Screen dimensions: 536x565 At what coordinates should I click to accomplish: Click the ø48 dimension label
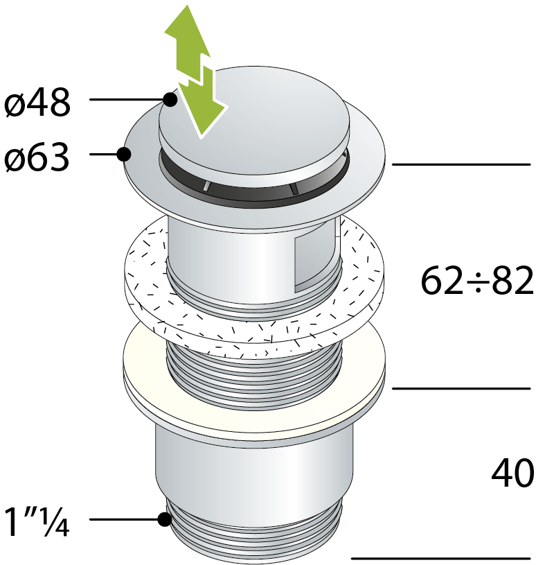37,103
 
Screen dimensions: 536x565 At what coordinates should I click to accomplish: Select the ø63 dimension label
37,157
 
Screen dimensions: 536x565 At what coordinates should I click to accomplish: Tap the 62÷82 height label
477,280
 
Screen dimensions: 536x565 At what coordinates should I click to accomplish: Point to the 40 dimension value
512,473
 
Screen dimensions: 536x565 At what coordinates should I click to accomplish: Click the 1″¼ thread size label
37,521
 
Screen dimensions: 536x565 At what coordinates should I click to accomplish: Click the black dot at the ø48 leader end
170,99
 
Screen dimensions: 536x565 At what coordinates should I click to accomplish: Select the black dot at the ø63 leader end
124,154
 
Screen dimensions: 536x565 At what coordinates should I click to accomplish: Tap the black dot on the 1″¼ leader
165,519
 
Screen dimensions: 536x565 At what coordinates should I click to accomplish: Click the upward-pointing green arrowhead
188,33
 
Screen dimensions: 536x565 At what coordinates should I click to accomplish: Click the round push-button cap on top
254,126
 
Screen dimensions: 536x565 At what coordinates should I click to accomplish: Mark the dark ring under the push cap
254,195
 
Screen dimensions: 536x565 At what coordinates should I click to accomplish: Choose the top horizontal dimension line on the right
461,164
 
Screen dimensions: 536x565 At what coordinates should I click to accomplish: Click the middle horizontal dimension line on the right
461,388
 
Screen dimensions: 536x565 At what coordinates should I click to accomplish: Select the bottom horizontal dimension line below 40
441,558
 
